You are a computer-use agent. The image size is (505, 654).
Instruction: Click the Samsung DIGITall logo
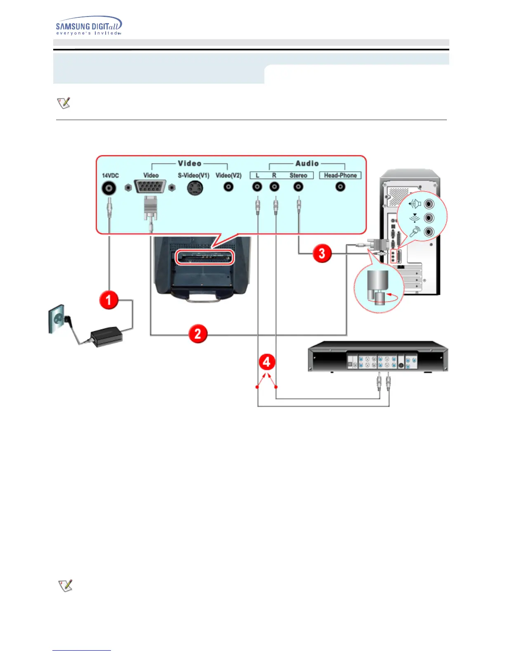click(88, 26)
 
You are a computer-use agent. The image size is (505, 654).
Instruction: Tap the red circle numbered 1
click(109, 300)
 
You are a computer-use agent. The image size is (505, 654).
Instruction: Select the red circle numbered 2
click(198, 333)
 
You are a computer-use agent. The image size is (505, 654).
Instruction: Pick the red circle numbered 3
click(322, 253)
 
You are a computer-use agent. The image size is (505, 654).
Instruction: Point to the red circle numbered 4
click(267, 362)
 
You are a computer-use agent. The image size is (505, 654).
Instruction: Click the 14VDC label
click(110, 175)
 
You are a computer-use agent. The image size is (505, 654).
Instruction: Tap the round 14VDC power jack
click(109, 188)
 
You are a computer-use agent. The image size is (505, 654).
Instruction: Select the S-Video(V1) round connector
click(195, 188)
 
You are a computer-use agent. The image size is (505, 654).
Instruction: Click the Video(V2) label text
click(228, 175)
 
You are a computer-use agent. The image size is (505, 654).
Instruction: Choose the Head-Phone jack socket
click(340, 187)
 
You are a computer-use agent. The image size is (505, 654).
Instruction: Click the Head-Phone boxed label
click(340, 175)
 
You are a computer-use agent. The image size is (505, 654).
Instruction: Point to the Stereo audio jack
click(298, 187)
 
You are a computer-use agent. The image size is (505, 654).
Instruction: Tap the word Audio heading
click(307, 163)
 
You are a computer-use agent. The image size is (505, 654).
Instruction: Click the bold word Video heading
click(189, 163)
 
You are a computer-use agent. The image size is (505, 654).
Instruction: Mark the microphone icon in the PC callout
click(415, 232)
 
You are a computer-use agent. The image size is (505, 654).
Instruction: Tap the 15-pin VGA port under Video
click(150, 187)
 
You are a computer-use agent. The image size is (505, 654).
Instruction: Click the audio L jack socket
click(257, 187)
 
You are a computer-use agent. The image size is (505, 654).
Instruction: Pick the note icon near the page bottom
click(65, 585)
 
